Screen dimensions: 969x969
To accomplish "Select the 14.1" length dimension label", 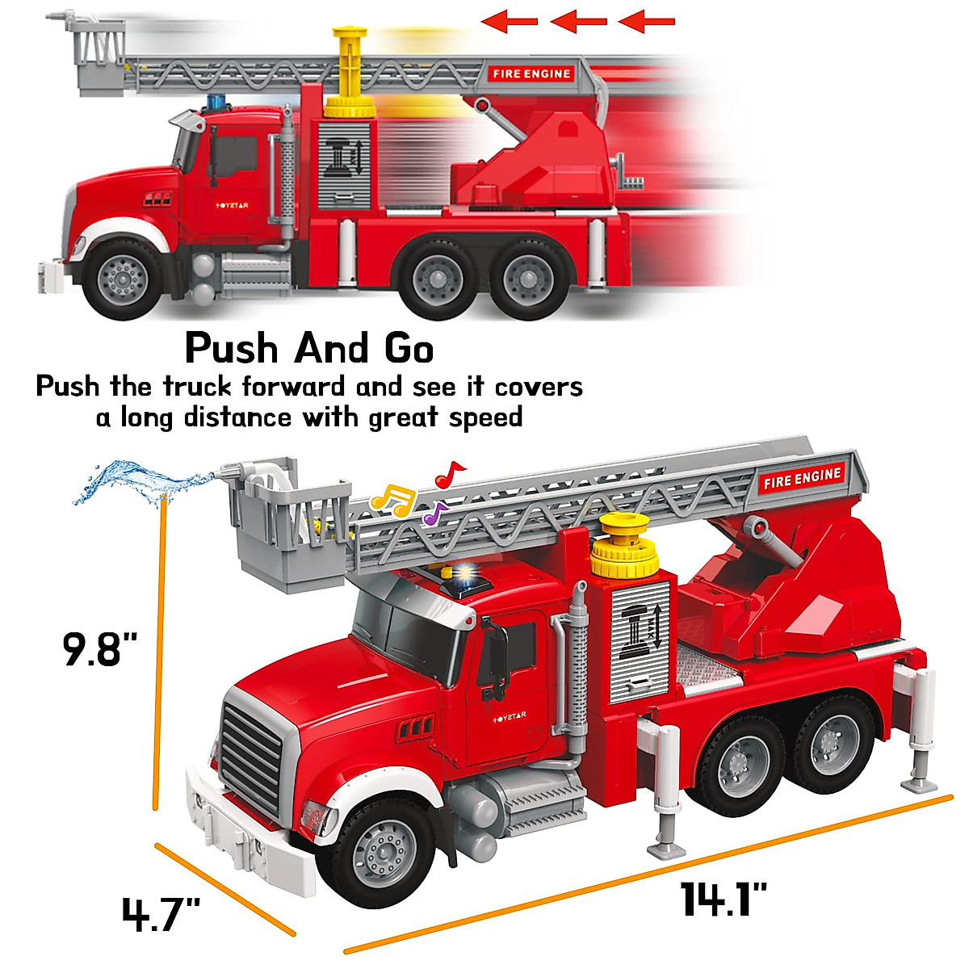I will click(724, 899).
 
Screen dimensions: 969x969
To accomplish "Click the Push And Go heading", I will click(309, 349).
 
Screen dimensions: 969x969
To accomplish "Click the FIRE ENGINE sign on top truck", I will click(531, 73).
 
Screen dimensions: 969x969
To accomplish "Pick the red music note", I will click(449, 474).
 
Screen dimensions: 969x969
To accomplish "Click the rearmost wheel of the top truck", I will click(528, 277).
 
